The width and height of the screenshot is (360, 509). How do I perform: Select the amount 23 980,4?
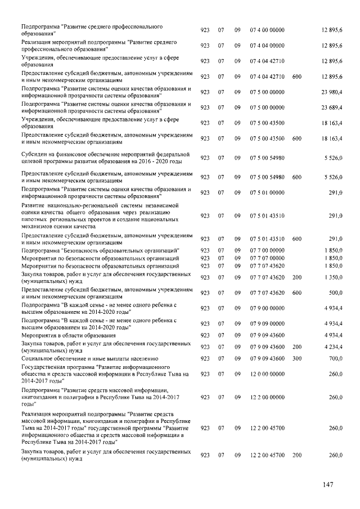pyautogui.click(x=332, y=92)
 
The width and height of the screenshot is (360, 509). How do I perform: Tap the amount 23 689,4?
pyautogui.click(x=332, y=107)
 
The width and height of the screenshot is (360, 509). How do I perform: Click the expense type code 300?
pyautogui.click(x=297, y=358)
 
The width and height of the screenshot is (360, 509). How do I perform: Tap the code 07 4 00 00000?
pyautogui.click(x=267, y=29)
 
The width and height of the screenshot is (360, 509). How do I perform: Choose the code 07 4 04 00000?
pyautogui.click(x=267, y=45)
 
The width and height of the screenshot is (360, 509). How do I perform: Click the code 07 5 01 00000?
pyautogui.click(x=267, y=192)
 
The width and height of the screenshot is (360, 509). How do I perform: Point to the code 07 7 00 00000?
pyautogui.click(x=267, y=250)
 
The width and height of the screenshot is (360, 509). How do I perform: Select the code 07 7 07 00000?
pyautogui.click(x=267, y=258)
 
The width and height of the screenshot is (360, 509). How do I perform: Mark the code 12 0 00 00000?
pyautogui.click(x=267, y=373)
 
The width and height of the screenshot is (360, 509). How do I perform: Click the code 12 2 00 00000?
pyautogui.click(x=267, y=397)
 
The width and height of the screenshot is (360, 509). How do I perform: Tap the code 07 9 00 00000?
pyautogui.click(x=267, y=308)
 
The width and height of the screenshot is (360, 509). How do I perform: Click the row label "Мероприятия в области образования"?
pyautogui.click(x=68, y=335)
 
